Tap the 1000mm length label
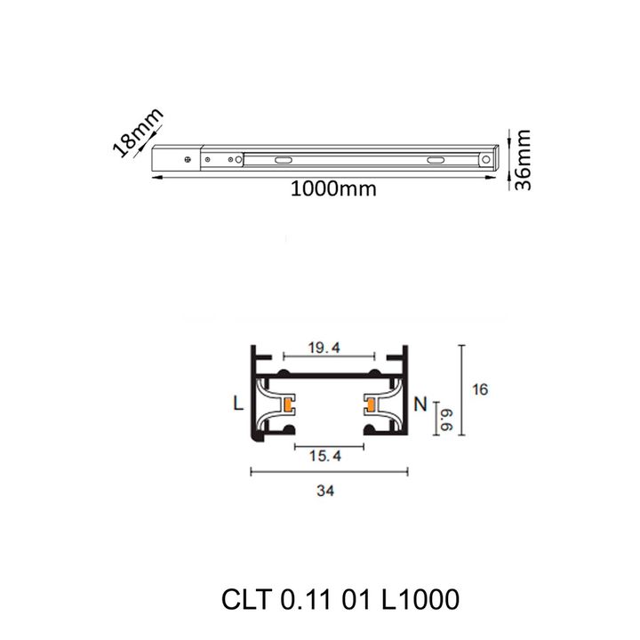click(x=326, y=189)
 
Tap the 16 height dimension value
click(x=482, y=389)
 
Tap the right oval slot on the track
click(x=436, y=160)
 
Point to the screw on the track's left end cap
click(x=187, y=160)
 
